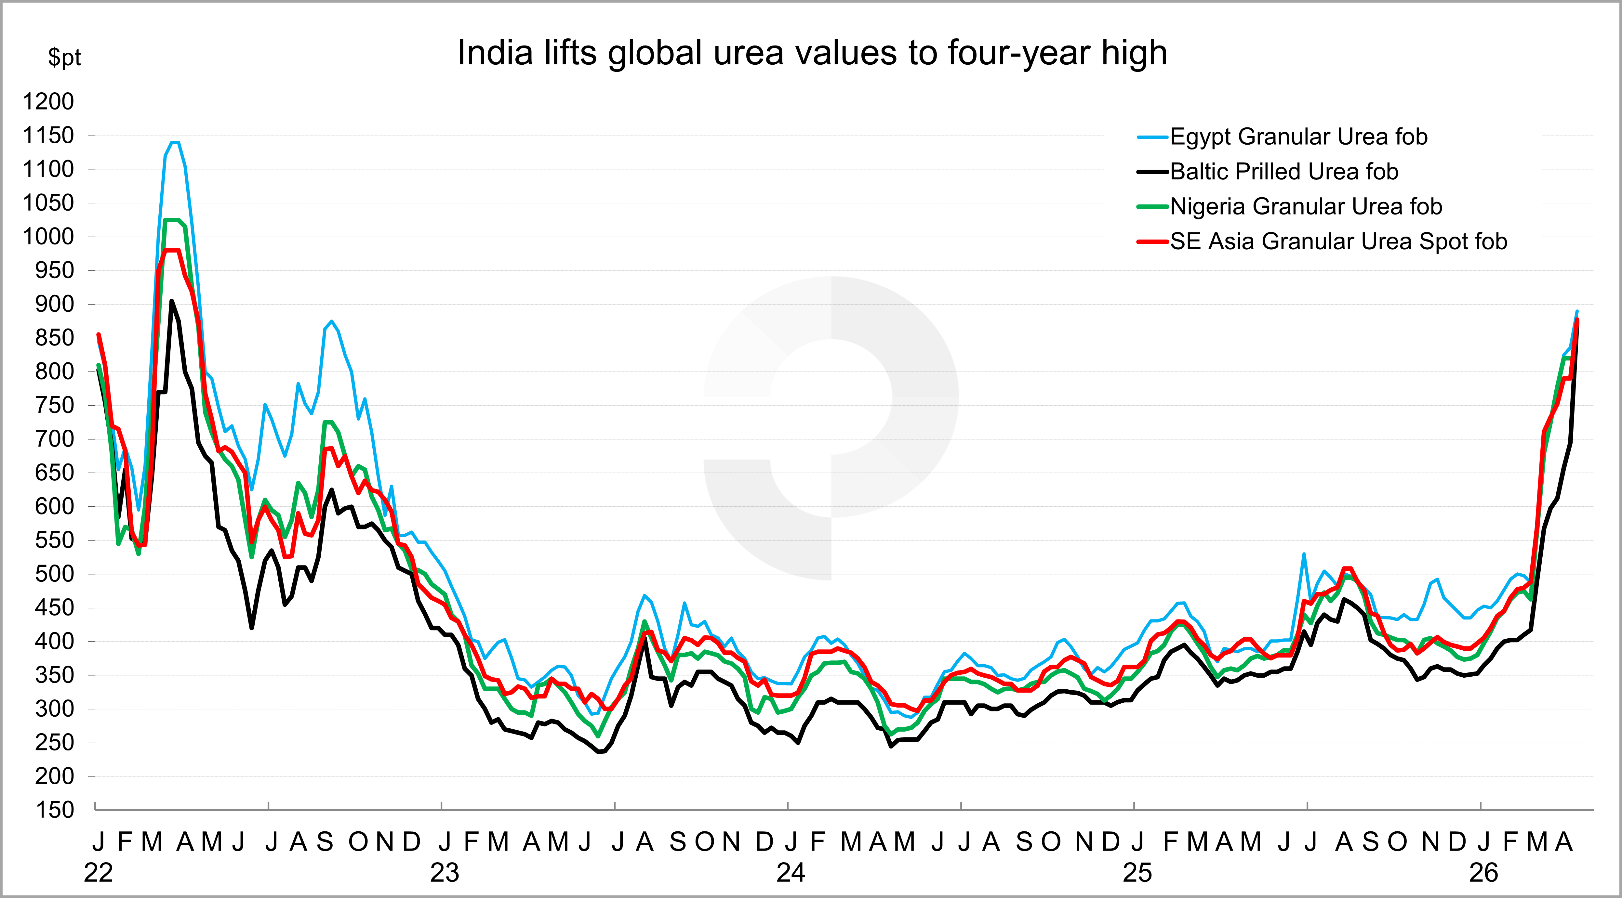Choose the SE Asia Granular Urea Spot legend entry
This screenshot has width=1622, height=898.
click(x=1338, y=242)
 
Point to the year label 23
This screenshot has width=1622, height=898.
click(x=445, y=873)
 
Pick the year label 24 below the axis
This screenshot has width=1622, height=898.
click(x=791, y=873)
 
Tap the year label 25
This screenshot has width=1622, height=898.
click(x=1137, y=873)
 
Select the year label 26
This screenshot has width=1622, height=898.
click(x=1483, y=873)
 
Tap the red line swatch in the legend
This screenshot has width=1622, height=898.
click(x=1152, y=242)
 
